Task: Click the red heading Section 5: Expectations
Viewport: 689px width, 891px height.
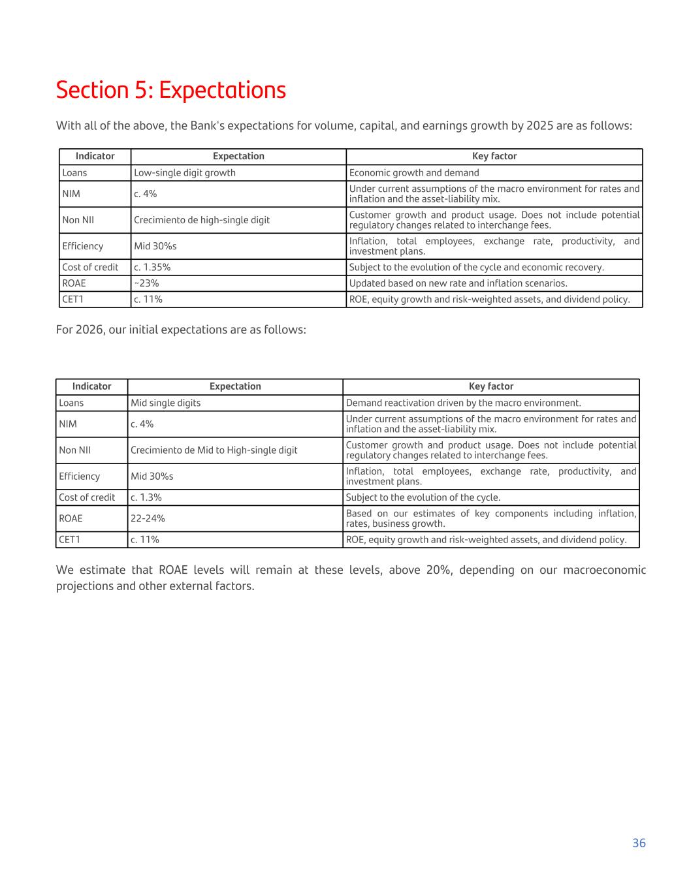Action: [x=170, y=90]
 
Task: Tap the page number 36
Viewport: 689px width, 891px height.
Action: [x=639, y=843]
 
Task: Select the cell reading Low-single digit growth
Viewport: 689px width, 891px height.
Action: [x=185, y=173]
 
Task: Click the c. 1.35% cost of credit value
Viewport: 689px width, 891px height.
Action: [x=152, y=267]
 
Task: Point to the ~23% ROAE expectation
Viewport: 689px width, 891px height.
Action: [x=146, y=283]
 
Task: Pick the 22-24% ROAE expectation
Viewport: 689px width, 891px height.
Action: [x=148, y=518]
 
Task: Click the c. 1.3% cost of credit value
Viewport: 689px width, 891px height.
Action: [x=146, y=497]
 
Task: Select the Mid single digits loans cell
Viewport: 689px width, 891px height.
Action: [x=166, y=403]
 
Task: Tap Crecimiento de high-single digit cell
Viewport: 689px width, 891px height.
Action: [x=202, y=220]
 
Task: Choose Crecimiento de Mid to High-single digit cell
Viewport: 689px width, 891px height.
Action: [x=214, y=450]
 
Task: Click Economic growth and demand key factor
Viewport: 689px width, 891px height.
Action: [x=414, y=173]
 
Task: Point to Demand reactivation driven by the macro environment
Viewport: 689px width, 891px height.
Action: [x=463, y=403]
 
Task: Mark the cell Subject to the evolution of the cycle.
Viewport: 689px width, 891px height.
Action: [x=423, y=497]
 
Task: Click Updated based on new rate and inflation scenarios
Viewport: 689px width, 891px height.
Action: [x=458, y=283]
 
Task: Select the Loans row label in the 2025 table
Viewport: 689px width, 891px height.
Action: [x=74, y=173]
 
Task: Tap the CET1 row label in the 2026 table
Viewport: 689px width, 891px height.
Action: [x=69, y=540]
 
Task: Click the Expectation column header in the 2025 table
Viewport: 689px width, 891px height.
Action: [x=238, y=157]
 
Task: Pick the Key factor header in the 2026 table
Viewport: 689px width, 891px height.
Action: [x=491, y=386]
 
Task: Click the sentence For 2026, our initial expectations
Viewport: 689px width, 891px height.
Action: [x=181, y=330]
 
